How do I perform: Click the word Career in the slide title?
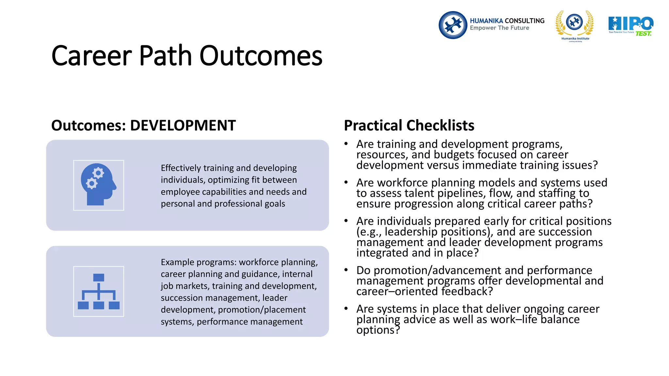(x=92, y=56)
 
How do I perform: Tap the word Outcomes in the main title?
(x=261, y=56)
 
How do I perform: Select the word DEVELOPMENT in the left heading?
(x=183, y=126)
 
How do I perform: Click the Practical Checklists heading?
(x=409, y=126)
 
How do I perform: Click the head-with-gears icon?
(x=98, y=185)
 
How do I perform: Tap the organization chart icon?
(x=98, y=291)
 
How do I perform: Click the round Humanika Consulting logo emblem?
(x=453, y=25)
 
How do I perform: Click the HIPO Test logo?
(x=630, y=26)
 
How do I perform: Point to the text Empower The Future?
(x=499, y=28)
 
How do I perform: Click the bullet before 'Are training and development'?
(x=346, y=144)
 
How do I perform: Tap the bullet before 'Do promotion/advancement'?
(x=346, y=270)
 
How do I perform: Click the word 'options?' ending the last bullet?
(x=378, y=330)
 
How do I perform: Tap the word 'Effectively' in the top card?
(x=181, y=168)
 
